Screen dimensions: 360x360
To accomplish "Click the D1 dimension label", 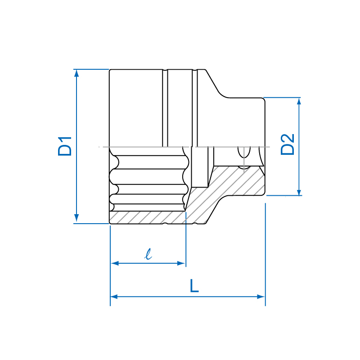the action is click(65, 146).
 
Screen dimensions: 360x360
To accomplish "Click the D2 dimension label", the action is click(288, 144).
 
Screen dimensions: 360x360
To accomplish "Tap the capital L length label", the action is click(194, 286).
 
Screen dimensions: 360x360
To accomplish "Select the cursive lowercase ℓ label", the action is click(148, 254).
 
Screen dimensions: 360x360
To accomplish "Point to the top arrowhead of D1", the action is click(76, 73).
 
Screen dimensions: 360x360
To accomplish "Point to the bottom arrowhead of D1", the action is click(76, 218).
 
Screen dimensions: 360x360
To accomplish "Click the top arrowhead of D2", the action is click(299, 101).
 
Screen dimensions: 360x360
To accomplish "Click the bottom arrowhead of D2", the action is click(299, 192).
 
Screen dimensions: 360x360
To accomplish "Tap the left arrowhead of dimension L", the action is click(114, 297).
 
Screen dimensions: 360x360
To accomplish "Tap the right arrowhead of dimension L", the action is click(261, 297).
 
